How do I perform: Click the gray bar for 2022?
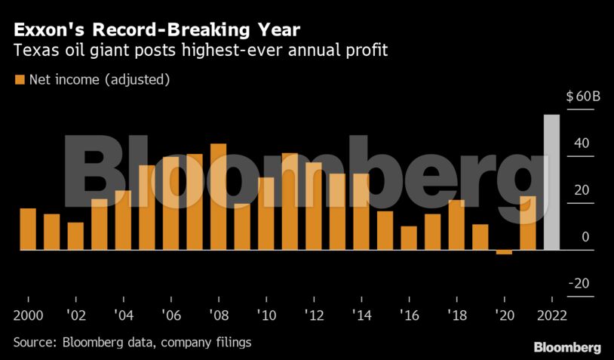551,182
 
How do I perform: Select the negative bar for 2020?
504,252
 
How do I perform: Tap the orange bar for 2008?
218,196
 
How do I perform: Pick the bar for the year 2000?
28,229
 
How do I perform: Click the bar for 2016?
409,238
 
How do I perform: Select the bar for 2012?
313,205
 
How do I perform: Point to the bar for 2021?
528,223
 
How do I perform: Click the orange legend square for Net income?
20,79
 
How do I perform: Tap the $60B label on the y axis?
582,97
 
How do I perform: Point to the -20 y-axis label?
579,283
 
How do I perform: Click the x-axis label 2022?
551,314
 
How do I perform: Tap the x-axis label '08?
218,314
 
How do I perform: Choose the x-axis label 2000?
29,314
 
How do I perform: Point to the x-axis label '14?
361,314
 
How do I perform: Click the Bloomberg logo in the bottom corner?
567,347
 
